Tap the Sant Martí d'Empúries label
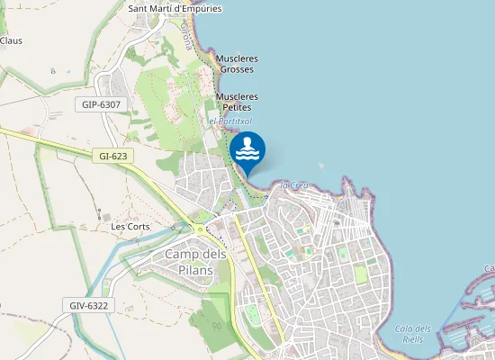click(175, 9)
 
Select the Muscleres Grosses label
click(237, 64)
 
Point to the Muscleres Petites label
click(237, 102)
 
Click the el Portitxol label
click(230, 121)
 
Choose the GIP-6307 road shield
click(101, 105)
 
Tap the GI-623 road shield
click(112, 156)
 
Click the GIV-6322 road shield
click(88, 306)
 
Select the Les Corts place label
click(130, 227)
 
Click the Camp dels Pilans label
click(195, 262)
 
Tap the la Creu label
click(294, 185)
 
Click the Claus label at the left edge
click(11, 40)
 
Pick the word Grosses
click(237, 69)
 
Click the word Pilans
click(195, 270)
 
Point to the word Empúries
click(199, 9)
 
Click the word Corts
click(139, 227)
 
